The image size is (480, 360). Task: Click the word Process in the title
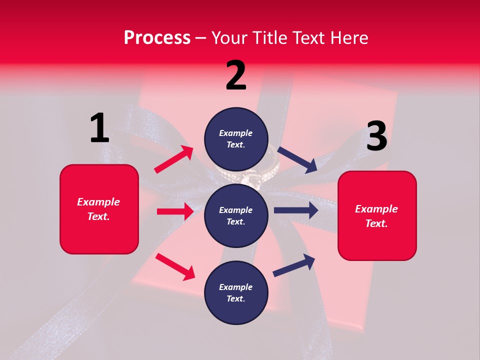click(157, 37)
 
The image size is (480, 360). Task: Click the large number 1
click(99, 128)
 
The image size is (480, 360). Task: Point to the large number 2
click(236, 75)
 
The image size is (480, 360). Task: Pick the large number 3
click(376, 136)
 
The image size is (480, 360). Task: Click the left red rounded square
click(99, 209)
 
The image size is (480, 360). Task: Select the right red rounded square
click(377, 216)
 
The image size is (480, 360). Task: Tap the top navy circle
click(236, 139)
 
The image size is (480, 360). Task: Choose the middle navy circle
click(236, 215)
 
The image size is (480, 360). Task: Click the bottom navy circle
click(236, 292)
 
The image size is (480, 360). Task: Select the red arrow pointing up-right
click(174, 159)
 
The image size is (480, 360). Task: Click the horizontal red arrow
click(175, 211)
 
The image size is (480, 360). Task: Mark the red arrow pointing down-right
click(175, 266)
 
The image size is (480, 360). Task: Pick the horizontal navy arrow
click(296, 210)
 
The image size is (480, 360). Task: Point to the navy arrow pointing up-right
click(294, 265)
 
